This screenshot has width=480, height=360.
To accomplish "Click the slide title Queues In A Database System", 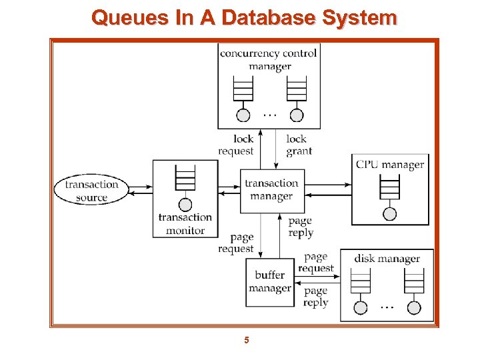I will [244, 17].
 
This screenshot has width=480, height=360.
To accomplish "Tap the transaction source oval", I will [91, 191].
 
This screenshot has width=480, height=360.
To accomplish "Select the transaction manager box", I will [271, 190].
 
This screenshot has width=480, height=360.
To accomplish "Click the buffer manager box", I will [270, 281].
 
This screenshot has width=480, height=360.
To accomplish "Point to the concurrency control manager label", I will [269, 59].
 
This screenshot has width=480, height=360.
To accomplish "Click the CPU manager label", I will [390, 165].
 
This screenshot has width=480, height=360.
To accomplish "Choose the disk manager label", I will [387, 259].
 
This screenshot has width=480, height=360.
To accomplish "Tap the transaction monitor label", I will [185, 224].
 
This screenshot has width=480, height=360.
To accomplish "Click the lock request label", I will [236, 145].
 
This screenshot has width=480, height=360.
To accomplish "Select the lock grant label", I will [298, 145].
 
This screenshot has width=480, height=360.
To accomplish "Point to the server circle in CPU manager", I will [390, 213].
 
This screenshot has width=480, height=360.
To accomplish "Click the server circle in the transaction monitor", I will [185, 205].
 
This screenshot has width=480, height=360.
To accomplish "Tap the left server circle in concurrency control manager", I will [244, 115].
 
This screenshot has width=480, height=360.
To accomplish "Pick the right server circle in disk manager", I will [414, 307].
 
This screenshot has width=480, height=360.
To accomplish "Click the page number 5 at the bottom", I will [246, 341].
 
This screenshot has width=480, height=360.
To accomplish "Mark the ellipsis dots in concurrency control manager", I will [269, 115].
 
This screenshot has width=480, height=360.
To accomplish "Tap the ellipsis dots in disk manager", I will [387, 307].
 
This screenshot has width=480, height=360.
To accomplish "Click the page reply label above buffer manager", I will [301, 227].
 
